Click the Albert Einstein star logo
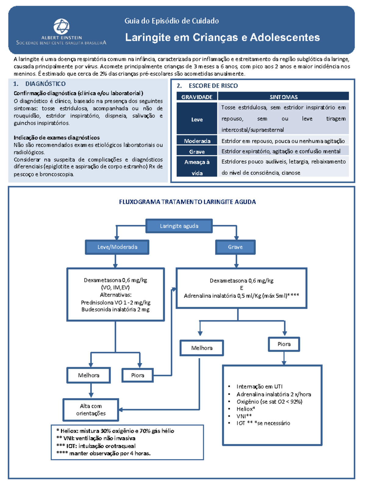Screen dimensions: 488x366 tap(61, 26)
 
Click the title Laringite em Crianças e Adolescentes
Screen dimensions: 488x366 tap(222, 38)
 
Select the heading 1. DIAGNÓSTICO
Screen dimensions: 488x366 tap(39, 84)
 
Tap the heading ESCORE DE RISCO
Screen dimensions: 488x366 tap(213, 86)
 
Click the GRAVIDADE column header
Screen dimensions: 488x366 tap(197, 97)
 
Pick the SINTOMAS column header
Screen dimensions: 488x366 tap(283, 97)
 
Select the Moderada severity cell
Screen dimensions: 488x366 tap(197, 141)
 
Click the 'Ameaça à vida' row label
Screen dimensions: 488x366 tap(197, 167)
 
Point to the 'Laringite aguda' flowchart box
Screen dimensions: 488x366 tap(179, 226)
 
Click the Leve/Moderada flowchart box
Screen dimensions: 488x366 tap(117, 247)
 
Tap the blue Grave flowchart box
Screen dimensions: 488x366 tap(235, 247)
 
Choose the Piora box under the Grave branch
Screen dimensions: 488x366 tap(284, 344)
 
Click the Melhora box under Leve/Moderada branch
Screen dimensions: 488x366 tap(88, 375)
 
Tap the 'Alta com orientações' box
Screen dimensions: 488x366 tap(91, 410)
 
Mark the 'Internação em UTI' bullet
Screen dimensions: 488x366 tap(259, 386)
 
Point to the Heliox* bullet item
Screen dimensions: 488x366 tap(246, 409)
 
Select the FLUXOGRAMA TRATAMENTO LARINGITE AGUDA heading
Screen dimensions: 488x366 tap(187, 202)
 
